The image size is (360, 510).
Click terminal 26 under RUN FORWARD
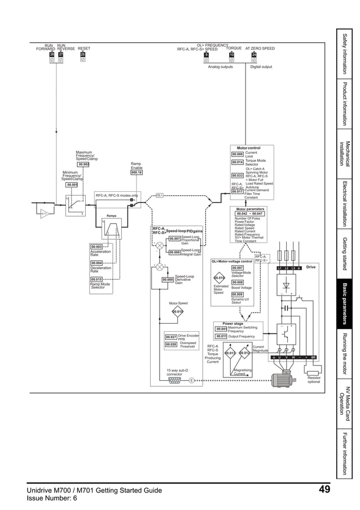51,55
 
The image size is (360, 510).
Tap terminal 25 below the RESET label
82,55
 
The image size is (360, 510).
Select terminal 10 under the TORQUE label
231,55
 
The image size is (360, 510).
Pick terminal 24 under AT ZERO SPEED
254,55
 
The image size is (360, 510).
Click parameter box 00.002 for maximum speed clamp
84,165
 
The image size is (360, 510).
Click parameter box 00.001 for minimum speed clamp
72,184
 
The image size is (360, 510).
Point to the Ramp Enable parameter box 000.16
136,173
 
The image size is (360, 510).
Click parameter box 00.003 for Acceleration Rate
96,247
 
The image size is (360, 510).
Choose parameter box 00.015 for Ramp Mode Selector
96,279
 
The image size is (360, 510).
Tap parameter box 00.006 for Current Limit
238,153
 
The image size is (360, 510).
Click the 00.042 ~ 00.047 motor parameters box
249,214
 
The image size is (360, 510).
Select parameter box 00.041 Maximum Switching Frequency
221,329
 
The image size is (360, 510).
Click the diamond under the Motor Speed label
178,311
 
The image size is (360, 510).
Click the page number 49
324,490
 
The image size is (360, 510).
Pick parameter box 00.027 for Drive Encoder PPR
171,337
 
